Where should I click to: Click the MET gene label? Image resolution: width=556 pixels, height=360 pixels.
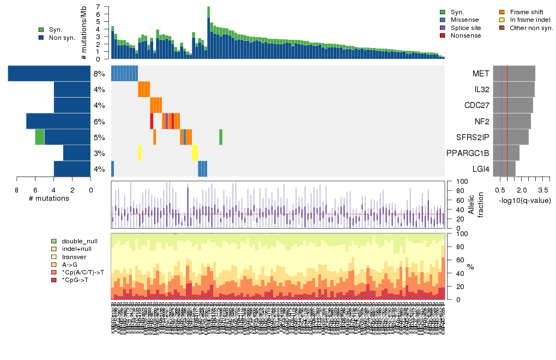[x=481, y=74]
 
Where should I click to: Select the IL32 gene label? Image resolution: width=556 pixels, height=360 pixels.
[x=481, y=89]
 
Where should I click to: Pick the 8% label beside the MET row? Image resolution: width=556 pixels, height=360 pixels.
[x=99, y=74]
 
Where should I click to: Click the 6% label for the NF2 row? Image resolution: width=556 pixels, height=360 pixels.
[x=99, y=121]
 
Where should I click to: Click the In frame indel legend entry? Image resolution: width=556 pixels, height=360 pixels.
[x=527, y=20]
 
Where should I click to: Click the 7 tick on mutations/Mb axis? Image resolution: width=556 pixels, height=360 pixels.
[x=98, y=7]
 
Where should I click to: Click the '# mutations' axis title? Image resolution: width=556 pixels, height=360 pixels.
[x=49, y=198]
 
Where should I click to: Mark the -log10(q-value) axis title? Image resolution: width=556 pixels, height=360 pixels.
[x=524, y=201]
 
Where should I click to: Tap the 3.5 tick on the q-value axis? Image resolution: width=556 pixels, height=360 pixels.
[x=543, y=190]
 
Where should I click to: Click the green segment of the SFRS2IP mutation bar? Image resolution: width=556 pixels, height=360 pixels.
[x=40, y=137]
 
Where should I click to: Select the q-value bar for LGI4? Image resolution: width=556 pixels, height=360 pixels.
[x=504, y=169]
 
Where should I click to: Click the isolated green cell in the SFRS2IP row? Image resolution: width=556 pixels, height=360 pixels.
[x=221, y=137]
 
